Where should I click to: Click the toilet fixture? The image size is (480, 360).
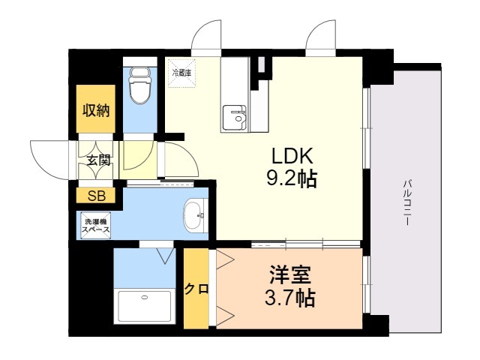pyautogui.click(x=140, y=86)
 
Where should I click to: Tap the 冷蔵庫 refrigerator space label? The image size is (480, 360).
pyautogui.click(x=181, y=73)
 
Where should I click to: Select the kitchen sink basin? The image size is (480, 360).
pyautogui.click(x=234, y=118)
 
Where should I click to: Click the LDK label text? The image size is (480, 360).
pyautogui.click(x=292, y=156)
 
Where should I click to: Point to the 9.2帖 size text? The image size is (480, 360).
pyautogui.click(x=292, y=178)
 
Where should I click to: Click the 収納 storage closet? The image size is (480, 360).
pyautogui.click(x=96, y=109)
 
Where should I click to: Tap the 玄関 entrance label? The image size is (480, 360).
pyautogui.click(x=98, y=160)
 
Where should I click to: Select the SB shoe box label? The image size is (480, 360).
pyautogui.click(x=97, y=196)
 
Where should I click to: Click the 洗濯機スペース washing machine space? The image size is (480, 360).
pyautogui.click(x=96, y=226)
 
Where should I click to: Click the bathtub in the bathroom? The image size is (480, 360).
pyautogui.click(x=144, y=306)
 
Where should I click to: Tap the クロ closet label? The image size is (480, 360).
pyautogui.click(x=196, y=289)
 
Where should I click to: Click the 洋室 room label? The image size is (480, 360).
pyautogui.click(x=290, y=274)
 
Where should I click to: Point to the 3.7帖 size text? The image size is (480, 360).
pyautogui.click(x=289, y=298)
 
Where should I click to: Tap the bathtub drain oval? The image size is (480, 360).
pyautogui.click(x=144, y=297)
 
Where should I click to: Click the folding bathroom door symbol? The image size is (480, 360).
pyautogui.click(x=165, y=256)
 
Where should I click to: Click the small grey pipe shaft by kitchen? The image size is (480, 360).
pyautogui.click(x=261, y=64)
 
